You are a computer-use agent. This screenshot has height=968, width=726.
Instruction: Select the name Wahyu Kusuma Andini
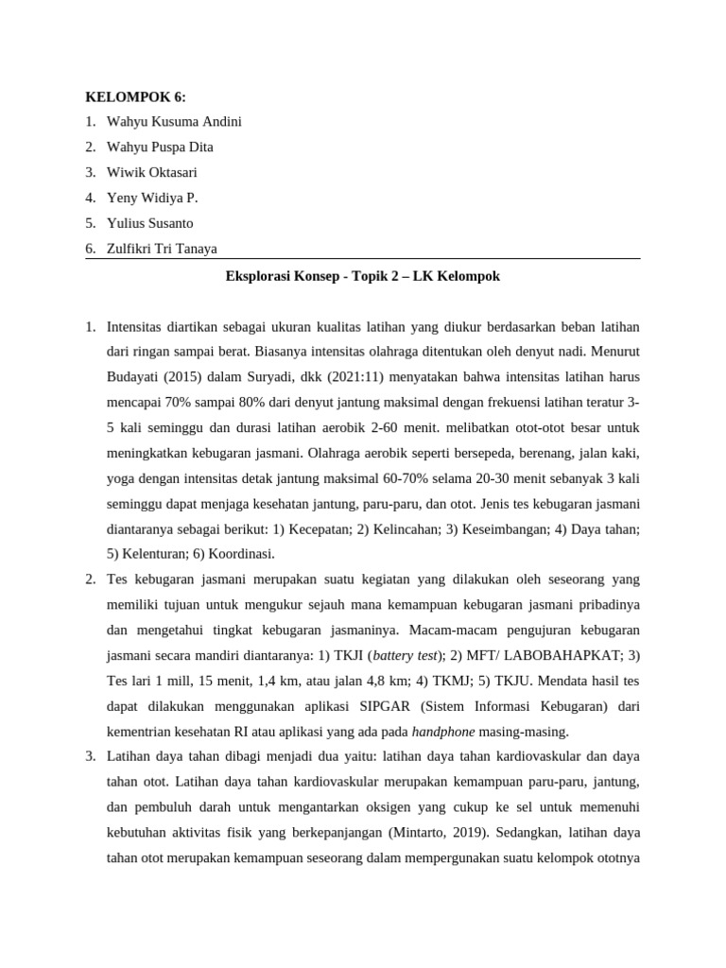point(174,122)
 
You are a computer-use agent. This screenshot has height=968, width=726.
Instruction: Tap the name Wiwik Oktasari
point(152,172)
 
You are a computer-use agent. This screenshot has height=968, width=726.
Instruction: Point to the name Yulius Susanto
point(149,223)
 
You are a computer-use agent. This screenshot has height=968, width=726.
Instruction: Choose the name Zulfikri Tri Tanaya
point(162,249)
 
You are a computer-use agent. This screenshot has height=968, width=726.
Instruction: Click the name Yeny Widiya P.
point(152,198)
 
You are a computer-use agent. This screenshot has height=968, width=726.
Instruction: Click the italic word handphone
point(444,730)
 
